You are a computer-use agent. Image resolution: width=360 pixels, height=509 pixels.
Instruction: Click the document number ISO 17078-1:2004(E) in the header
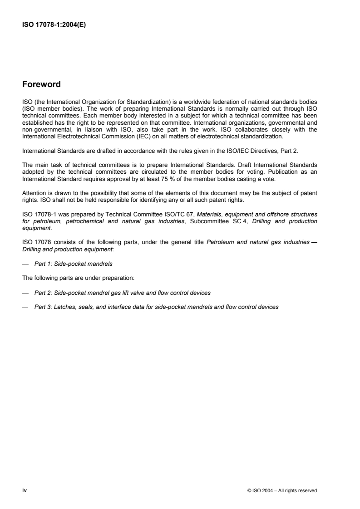click(54, 25)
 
